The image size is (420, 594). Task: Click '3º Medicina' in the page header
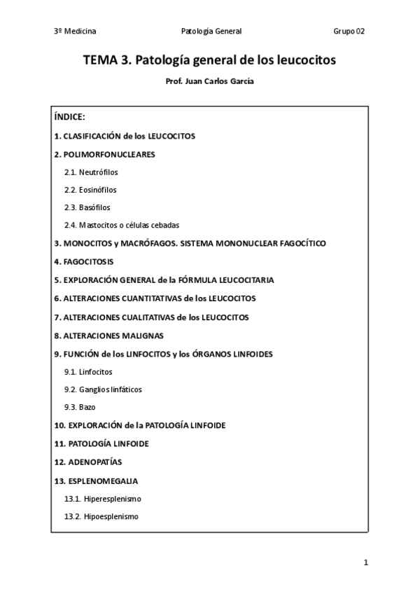(75, 31)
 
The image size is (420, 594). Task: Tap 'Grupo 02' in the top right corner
(349, 31)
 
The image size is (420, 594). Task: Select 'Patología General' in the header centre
(211, 31)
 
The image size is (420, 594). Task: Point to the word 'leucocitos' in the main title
(306, 60)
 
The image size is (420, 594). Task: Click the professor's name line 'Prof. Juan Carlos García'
(209, 81)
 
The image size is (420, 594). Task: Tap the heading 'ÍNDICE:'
(69, 117)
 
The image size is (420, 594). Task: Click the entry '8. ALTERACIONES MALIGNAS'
(108, 335)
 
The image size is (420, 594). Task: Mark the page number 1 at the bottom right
(365, 562)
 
